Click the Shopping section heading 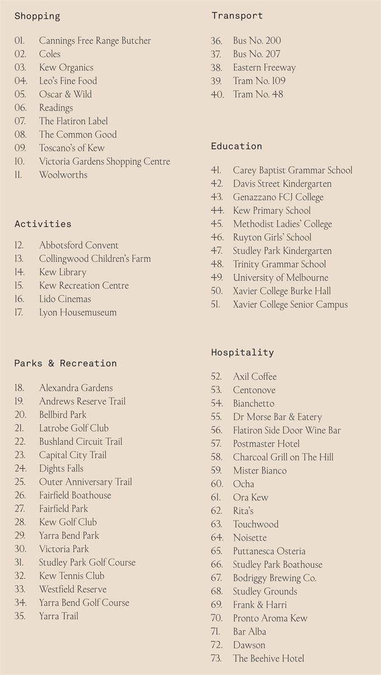(x=37, y=16)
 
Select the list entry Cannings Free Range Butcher (x=95, y=41)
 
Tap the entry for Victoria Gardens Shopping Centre (x=104, y=161)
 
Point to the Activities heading (x=43, y=224)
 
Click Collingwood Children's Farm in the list (x=95, y=259)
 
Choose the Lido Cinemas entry (x=64, y=299)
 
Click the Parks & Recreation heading (x=66, y=363)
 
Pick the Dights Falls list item (x=61, y=469)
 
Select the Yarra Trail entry (x=59, y=617)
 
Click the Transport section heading (x=236, y=16)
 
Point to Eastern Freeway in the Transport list (x=264, y=68)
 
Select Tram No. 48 (x=258, y=95)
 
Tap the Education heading (x=236, y=146)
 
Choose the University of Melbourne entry (x=281, y=278)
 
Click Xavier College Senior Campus (x=290, y=305)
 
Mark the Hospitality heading (x=242, y=353)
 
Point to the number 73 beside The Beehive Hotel (x=216, y=659)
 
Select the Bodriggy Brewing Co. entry (x=275, y=578)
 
